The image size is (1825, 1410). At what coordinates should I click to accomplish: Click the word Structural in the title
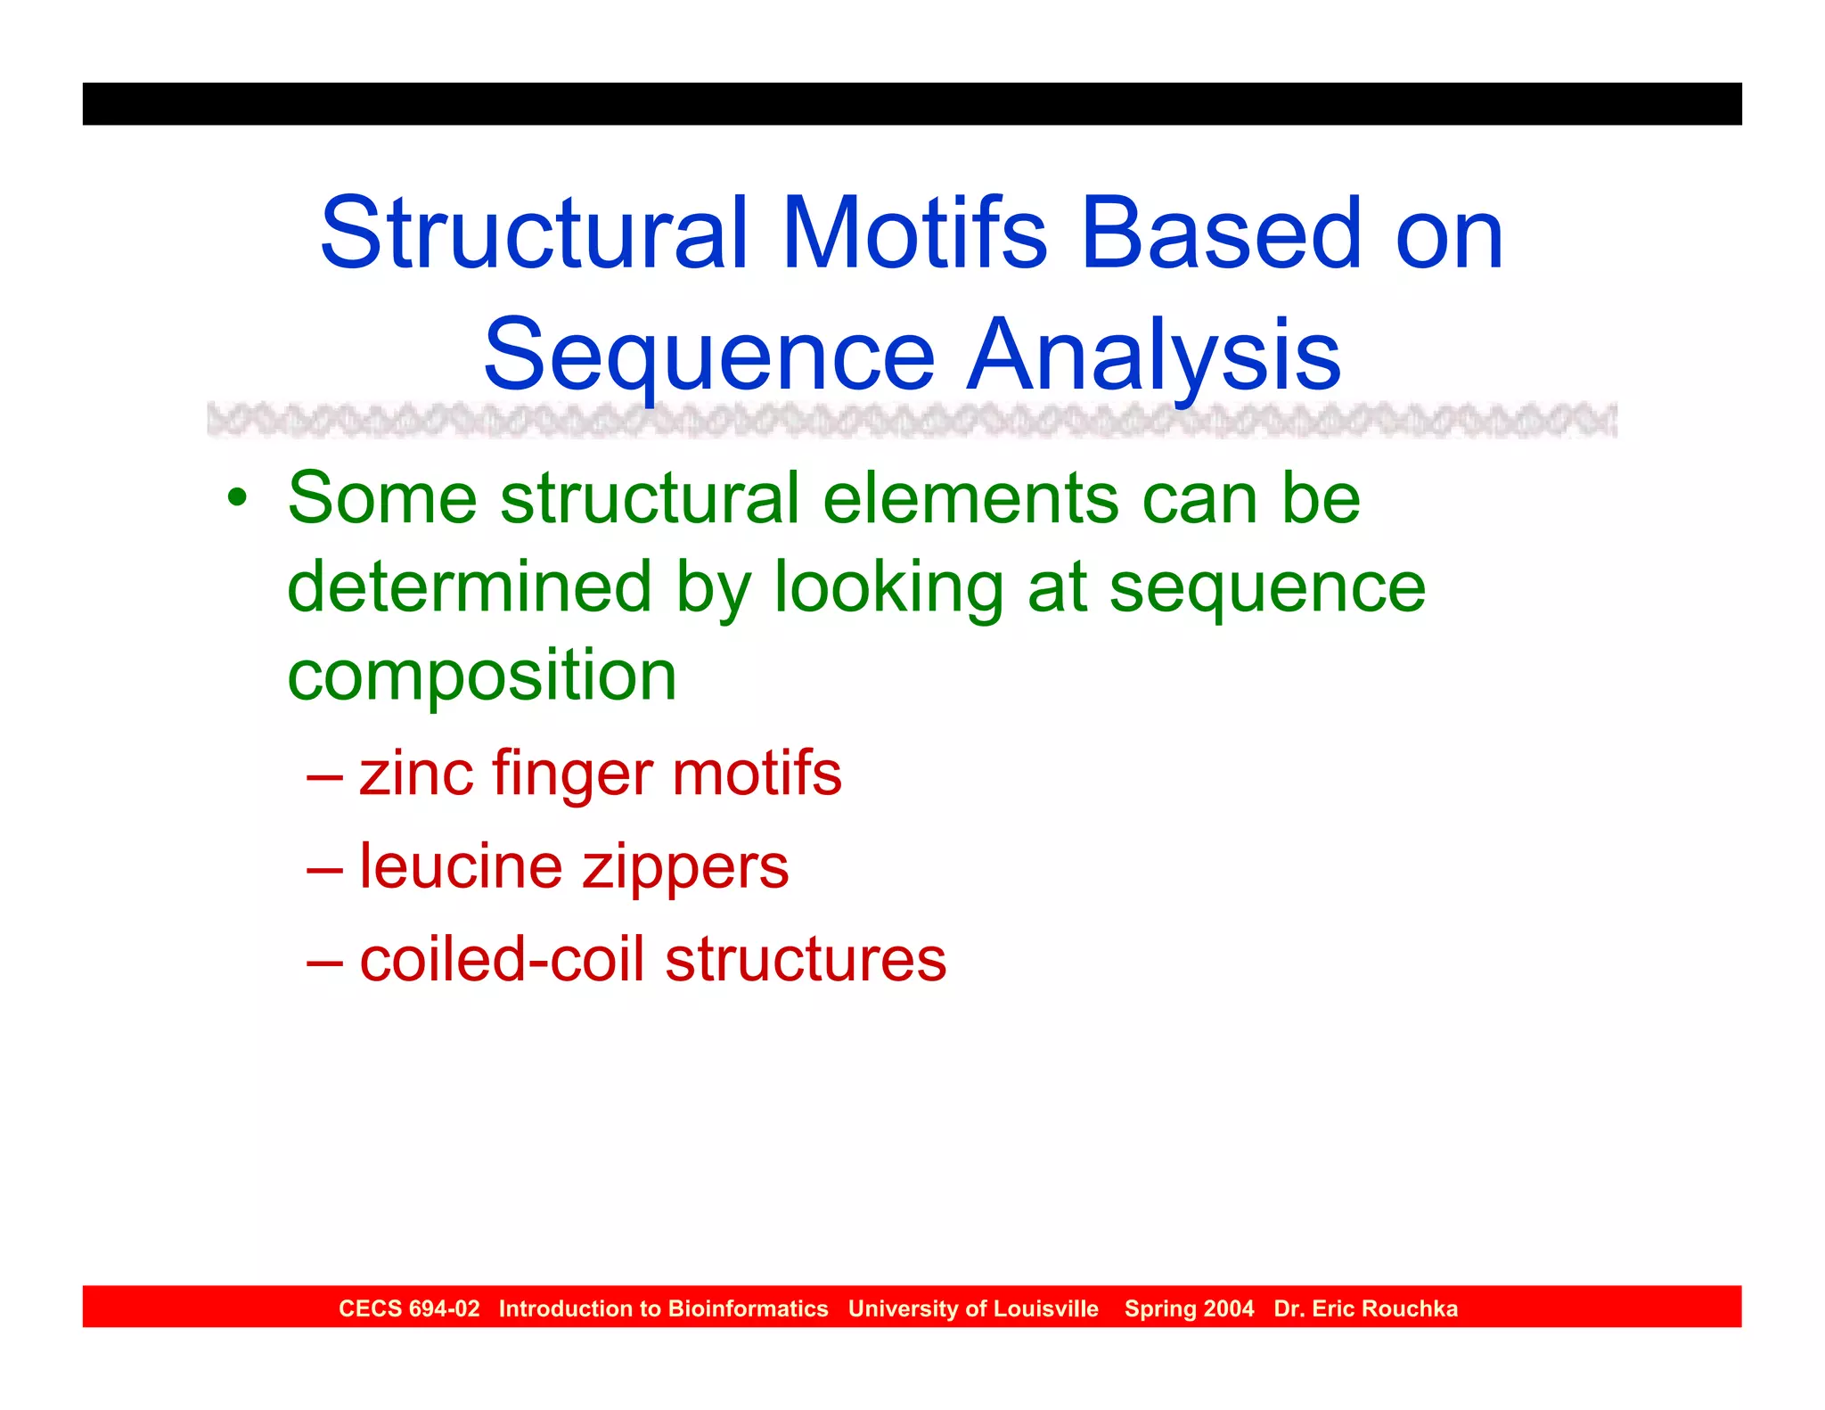[533, 234]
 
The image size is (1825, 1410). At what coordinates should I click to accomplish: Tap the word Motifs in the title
[914, 234]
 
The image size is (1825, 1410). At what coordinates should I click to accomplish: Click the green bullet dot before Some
[236, 498]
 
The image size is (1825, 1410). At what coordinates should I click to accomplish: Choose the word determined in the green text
[470, 587]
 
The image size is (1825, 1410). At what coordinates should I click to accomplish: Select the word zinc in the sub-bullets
[415, 773]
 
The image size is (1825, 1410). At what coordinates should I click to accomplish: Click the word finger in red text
[572, 775]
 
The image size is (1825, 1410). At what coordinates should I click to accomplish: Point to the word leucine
[461, 866]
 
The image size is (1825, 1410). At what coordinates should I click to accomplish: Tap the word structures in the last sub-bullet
[806, 960]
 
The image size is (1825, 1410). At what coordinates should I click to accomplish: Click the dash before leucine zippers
[324, 867]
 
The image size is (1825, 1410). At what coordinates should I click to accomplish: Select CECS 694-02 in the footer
[409, 1308]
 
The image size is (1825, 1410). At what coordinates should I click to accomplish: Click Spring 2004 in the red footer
[1189, 1308]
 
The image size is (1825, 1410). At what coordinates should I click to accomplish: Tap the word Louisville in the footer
[1045, 1308]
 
